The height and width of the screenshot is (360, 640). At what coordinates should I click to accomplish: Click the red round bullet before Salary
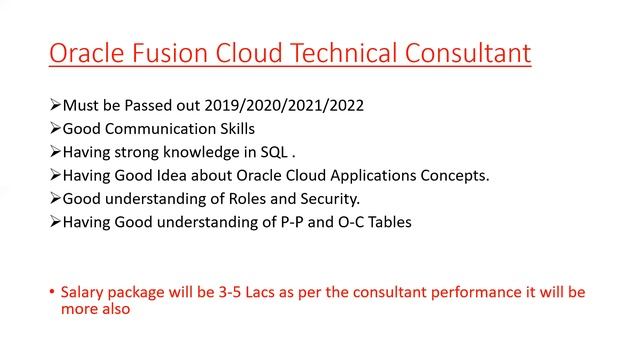click(51, 293)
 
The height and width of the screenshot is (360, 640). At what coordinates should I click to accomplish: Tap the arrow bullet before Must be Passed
click(54, 106)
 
